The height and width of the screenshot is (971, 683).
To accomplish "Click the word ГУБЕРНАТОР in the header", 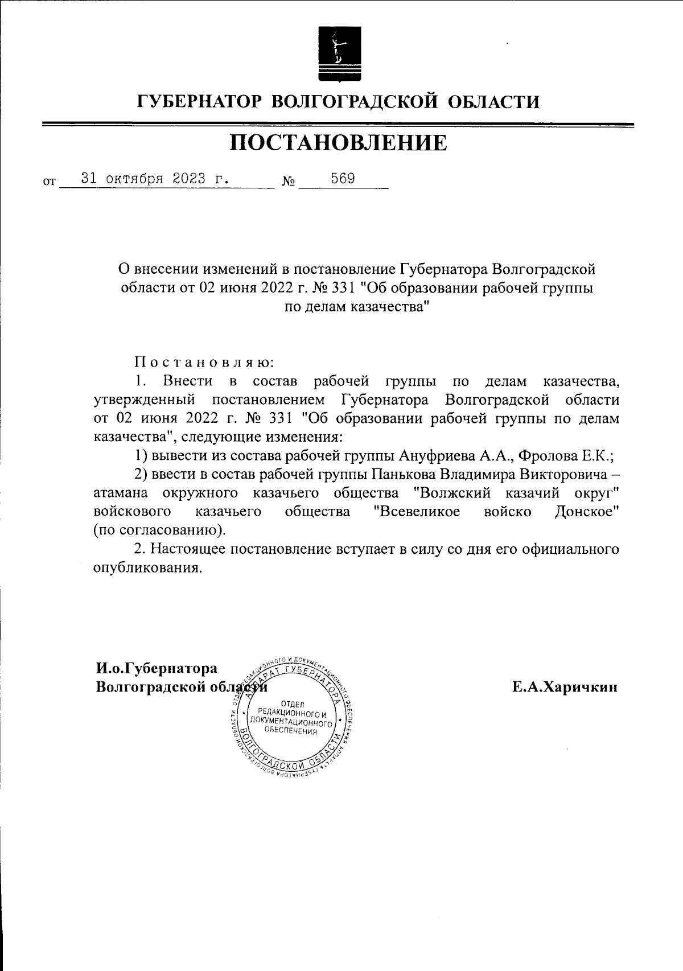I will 199,102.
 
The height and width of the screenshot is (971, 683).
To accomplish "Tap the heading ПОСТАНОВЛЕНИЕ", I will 339,143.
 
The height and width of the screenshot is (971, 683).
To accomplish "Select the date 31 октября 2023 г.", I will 155,178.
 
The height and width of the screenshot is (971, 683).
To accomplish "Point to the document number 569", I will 343,178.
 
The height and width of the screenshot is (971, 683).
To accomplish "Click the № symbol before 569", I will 289,182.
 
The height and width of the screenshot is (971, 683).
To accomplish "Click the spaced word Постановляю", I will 204,361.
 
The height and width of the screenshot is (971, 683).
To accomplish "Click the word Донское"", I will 587,511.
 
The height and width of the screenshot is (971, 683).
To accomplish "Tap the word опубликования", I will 147,567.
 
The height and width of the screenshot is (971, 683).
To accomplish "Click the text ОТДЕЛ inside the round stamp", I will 294,705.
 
